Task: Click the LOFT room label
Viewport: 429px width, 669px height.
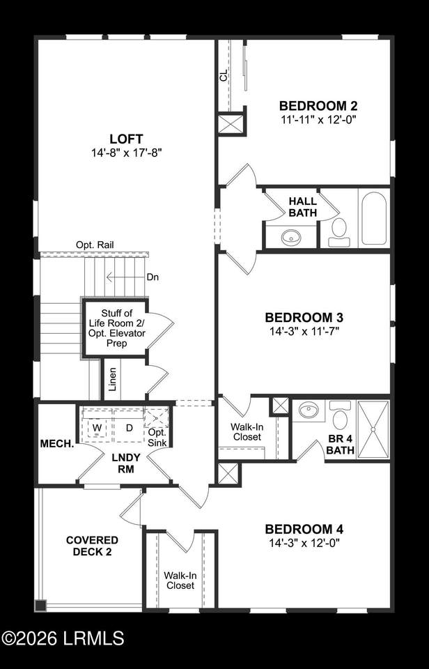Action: [x=126, y=139]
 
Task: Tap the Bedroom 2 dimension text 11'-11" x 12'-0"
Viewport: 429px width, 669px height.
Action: [x=318, y=119]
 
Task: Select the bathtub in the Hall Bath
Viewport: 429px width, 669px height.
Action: [x=374, y=217]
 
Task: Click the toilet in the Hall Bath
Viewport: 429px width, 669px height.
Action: [x=339, y=232]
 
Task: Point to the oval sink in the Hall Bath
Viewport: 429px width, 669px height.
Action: [x=291, y=237]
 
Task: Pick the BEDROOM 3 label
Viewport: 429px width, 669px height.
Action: [x=304, y=318]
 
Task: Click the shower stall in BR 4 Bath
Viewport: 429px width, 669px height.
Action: [x=373, y=430]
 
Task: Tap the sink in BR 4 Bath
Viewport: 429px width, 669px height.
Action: [x=309, y=410]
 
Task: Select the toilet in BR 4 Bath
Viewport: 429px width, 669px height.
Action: [x=340, y=415]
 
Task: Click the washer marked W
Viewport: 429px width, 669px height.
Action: [x=97, y=427]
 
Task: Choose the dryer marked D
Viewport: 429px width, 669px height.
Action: [x=128, y=427]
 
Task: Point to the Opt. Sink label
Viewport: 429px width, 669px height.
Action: [x=157, y=438]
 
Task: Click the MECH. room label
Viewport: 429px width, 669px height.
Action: [x=57, y=444]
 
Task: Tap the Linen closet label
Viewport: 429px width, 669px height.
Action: [x=112, y=379]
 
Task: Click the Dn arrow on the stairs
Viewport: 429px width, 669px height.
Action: [x=126, y=277]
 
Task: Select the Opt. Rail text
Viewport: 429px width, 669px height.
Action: [x=95, y=245]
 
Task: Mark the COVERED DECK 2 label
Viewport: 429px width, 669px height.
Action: [x=92, y=546]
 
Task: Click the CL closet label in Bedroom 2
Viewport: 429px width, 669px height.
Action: [x=224, y=77]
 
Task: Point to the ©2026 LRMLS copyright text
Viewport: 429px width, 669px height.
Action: [x=63, y=638]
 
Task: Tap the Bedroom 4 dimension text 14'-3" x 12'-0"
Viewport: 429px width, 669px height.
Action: [x=304, y=543]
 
